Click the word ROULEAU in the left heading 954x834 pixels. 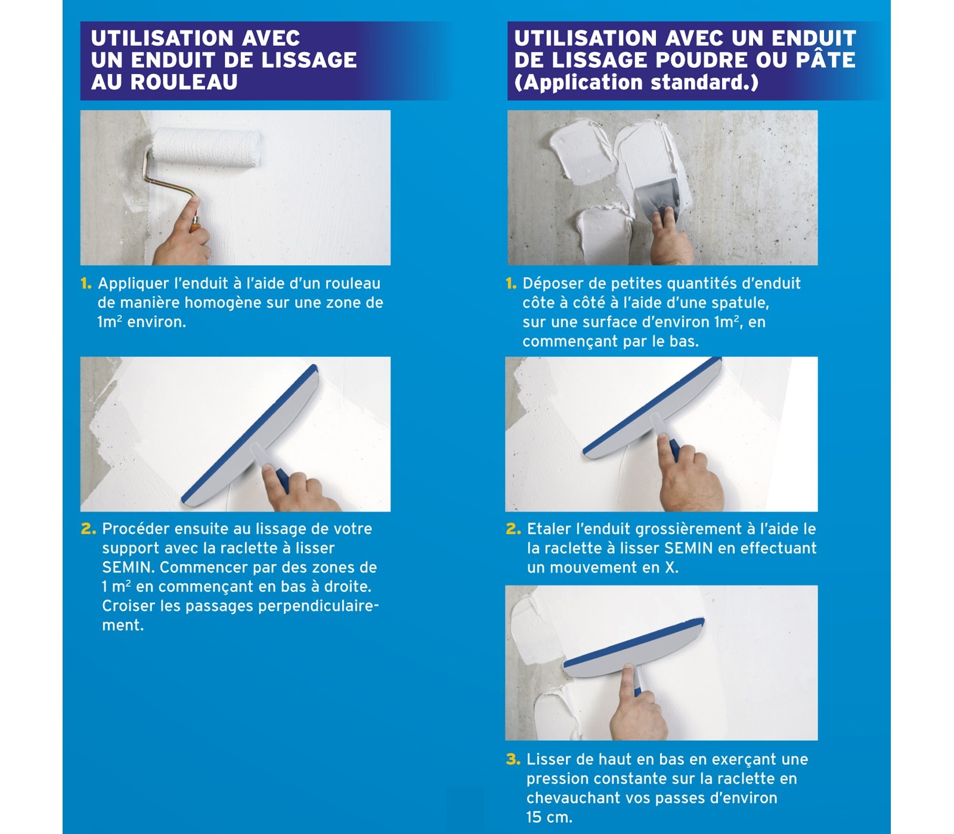[184, 82]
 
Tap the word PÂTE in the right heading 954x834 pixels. [826, 60]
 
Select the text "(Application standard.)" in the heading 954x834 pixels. [636, 82]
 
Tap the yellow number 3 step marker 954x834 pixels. [513, 759]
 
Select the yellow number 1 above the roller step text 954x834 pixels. [86, 284]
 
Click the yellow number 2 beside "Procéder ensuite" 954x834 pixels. [88, 529]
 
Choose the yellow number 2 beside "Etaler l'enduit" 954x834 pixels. [513, 529]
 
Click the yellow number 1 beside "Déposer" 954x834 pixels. [511, 284]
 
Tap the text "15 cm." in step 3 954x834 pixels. [549, 817]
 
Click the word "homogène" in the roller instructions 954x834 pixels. [222, 303]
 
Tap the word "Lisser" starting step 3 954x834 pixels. [546, 760]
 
